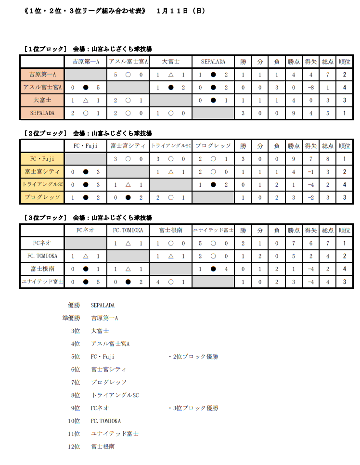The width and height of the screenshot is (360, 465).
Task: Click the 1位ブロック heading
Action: (x=46, y=49)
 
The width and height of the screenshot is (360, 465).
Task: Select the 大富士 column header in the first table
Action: (x=170, y=62)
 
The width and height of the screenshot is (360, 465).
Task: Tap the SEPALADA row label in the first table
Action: (x=42, y=113)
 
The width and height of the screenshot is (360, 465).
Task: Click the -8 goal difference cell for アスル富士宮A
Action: (x=311, y=88)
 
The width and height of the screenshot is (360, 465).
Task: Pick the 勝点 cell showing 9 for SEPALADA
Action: (x=294, y=113)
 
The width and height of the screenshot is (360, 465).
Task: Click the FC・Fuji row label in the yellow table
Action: (x=42, y=159)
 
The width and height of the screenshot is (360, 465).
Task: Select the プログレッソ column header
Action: (x=213, y=146)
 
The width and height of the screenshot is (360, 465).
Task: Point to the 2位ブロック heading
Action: (x=46, y=133)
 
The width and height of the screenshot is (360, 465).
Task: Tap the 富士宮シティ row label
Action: (x=42, y=172)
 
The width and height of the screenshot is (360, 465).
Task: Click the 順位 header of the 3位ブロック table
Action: (x=345, y=231)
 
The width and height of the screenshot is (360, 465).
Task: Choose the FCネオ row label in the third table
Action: (x=42, y=244)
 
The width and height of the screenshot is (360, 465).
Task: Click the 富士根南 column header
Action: (x=170, y=231)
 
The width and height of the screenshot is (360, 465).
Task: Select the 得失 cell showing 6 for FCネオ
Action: (x=311, y=244)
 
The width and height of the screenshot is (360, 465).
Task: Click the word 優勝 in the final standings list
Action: (x=74, y=305)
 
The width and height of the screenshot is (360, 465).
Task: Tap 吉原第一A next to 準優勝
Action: (x=104, y=318)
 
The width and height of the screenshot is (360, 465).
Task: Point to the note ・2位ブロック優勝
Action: (x=193, y=357)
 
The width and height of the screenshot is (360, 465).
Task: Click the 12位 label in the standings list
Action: (x=74, y=447)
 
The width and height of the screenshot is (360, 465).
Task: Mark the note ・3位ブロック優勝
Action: (x=193, y=408)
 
